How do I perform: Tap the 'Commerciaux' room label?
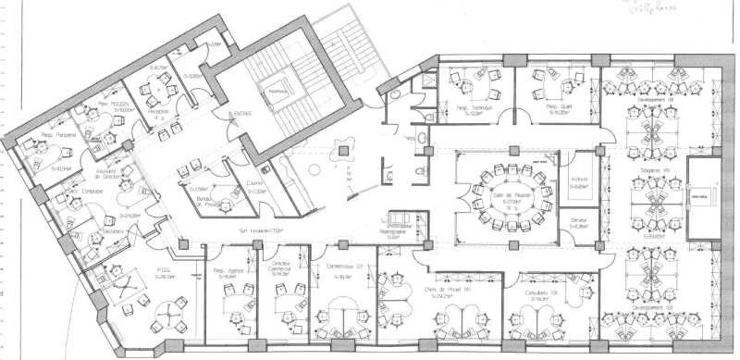(x=341, y=272)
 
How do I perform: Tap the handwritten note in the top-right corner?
(x=688, y=9)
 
